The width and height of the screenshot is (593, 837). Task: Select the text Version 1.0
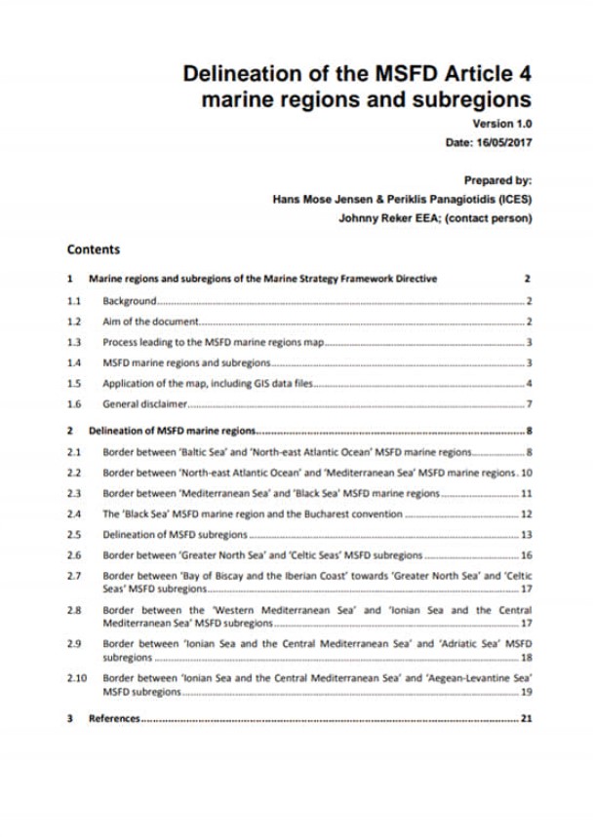coord(502,124)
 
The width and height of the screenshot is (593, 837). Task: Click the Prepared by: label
coord(497,180)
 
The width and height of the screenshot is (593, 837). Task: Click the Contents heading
coord(94,249)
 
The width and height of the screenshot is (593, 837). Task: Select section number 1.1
coord(73,301)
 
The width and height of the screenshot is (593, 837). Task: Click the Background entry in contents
coord(129,301)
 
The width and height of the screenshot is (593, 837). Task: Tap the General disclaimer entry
coord(144,403)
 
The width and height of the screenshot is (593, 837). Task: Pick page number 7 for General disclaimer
coord(528,403)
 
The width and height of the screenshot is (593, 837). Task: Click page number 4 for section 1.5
coord(528,383)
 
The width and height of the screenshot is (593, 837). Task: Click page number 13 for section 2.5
coord(526,534)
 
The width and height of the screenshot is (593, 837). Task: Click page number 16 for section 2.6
coord(526,554)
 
